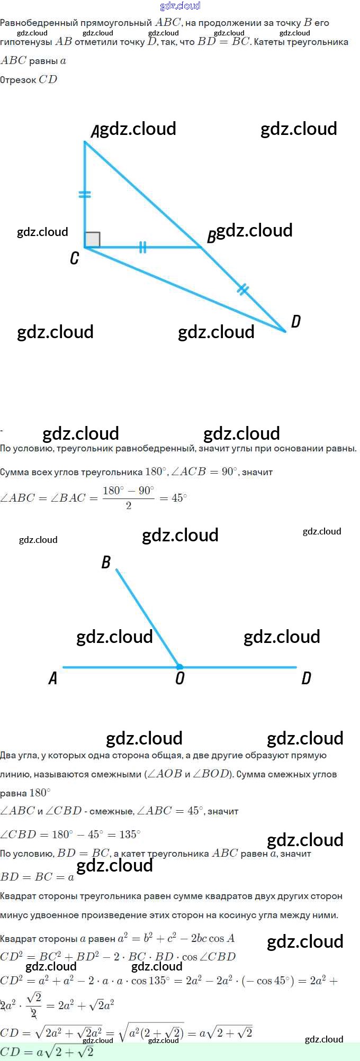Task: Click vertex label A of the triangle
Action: [95, 131]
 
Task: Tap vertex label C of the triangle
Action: [75, 258]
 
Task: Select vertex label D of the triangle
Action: [296, 321]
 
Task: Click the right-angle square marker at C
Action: [92, 239]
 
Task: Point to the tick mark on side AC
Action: [85, 194]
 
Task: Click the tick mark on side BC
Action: [142, 247]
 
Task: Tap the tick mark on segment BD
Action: [242, 289]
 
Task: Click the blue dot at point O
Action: [179, 667]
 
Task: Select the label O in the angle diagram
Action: [180, 678]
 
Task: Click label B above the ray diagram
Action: [106, 562]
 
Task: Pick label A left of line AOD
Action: [53, 678]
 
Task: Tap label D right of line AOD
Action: [306, 678]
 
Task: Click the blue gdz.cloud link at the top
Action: [180, 6]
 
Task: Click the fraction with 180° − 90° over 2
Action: [129, 497]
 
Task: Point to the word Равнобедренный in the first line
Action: [38, 23]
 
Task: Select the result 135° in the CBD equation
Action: [130, 835]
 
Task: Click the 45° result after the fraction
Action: [179, 498]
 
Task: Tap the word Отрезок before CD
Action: [18, 80]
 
